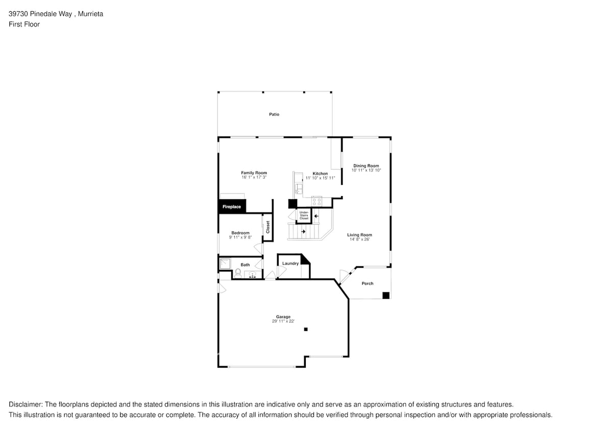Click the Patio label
click(274, 114)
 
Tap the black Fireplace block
click(232, 207)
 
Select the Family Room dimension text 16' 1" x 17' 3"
click(254, 177)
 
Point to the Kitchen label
click(320, 174)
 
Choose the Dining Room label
click(366, 166)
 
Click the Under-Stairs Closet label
click(304, 215)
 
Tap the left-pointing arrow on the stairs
click(316, 216)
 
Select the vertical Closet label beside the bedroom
click(268, 227)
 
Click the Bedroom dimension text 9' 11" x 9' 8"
click(240, 237)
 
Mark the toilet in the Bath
click(238, 273)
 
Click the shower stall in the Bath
click(225, 264)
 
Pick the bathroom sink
click(252, 275)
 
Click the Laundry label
click(290, 264)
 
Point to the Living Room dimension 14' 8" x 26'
click(359, 239)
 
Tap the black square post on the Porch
click(386, 295)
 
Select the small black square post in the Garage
click(306, 329)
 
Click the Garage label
click(283, 317)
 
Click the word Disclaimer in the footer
click(25, 404)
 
